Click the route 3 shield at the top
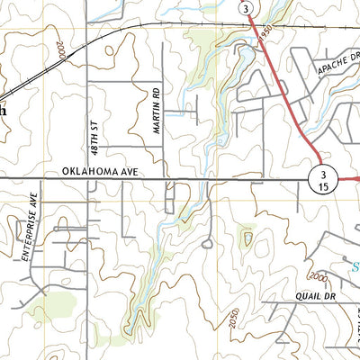246,7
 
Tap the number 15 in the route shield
322,186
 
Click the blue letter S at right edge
354,266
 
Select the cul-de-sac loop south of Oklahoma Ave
207,243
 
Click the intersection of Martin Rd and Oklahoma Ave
163,179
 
